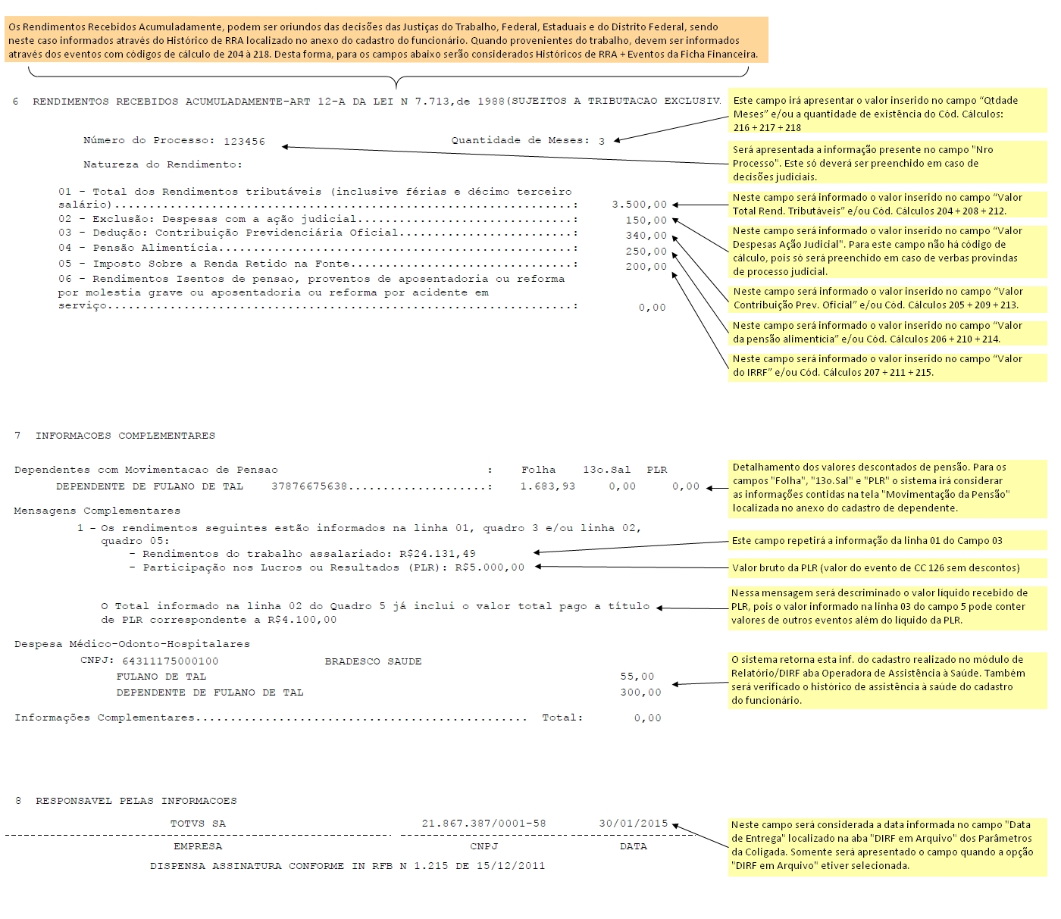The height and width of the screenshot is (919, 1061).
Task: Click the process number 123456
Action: [244, 141]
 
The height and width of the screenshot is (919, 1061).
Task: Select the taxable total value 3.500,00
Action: [639, 205]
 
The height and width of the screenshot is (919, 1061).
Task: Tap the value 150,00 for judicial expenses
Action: [646, 220]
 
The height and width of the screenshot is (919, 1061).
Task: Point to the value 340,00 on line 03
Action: [646, 236]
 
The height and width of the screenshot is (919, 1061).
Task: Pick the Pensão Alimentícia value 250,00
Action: [646, 252]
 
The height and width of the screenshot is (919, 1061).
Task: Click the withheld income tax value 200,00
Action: [646, 267]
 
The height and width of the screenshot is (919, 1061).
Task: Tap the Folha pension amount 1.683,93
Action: [547, 486]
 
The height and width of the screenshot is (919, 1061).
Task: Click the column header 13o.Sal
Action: [606, 470]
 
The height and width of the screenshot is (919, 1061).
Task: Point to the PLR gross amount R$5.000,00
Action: [490, 567]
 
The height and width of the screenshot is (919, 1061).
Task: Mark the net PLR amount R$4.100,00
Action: [302, 620]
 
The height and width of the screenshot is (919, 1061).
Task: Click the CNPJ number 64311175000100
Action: [170, 661]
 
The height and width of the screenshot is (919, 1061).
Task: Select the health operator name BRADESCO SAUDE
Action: [373, 661]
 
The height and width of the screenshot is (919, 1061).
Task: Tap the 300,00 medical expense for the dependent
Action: [640, 692]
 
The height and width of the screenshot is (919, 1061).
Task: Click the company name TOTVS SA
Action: [198, 824]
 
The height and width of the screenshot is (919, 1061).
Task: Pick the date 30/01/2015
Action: [633, 824]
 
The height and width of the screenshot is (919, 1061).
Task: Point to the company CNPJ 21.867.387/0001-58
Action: [484, 824]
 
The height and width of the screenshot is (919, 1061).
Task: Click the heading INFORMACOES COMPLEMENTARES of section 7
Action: [125, 436]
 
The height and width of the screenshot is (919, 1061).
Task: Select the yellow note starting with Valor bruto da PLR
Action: [875, 567]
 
